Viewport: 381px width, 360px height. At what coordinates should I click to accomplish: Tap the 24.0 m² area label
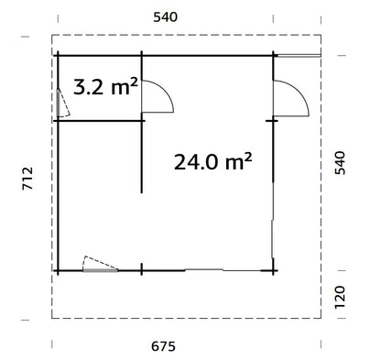[212, 162]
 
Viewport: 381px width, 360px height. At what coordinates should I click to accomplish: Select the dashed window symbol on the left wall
[59, 101]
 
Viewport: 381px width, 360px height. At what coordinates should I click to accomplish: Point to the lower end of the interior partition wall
[141, 191]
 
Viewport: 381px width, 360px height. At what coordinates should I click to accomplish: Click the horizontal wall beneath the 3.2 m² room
[99, 119]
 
